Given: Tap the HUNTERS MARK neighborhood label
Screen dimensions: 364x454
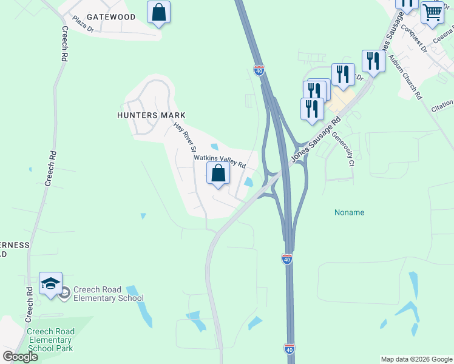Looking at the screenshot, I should (152, 115).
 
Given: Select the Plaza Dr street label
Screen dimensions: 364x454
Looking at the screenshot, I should (83, 28).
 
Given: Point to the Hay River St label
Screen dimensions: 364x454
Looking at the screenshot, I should (186, 136).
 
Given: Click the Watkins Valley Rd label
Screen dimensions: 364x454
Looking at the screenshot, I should (219, 161).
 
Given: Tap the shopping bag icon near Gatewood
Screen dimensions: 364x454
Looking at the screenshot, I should (158, 13).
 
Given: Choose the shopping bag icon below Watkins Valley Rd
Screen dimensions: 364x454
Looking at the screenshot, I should (219, 174).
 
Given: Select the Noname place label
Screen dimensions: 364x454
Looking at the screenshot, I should (350, 212).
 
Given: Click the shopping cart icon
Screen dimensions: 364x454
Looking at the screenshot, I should (432, 12).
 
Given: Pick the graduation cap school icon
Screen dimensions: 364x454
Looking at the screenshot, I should (51, 283).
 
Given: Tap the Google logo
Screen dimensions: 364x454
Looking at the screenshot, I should (20, 356).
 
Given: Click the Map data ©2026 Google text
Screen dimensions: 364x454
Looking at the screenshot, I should (416, 359).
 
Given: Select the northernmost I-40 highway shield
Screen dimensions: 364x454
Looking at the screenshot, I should (259, 71).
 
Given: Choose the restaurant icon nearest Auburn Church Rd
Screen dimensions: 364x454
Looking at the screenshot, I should (373, 61).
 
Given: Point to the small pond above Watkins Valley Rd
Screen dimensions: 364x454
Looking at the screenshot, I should (214, 146).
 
